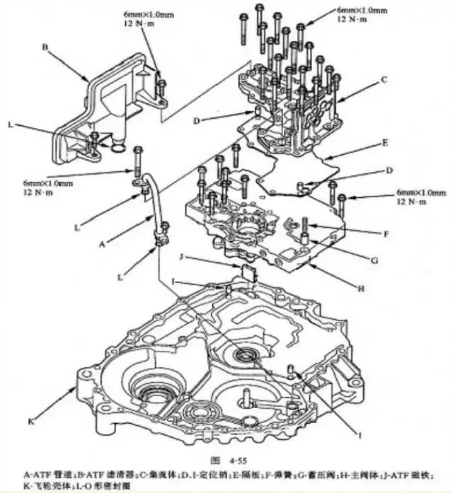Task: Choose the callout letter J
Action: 182,256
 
